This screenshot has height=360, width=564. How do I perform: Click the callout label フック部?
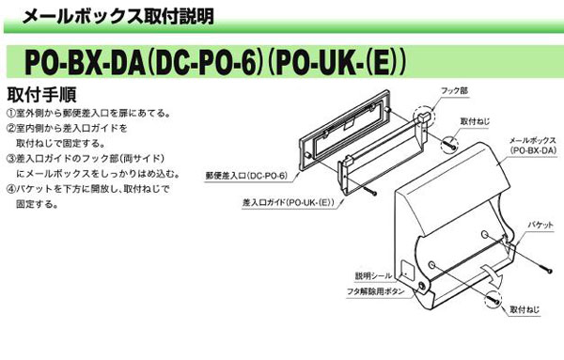(455, 92)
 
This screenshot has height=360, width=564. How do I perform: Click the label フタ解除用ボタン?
(376, 292)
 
